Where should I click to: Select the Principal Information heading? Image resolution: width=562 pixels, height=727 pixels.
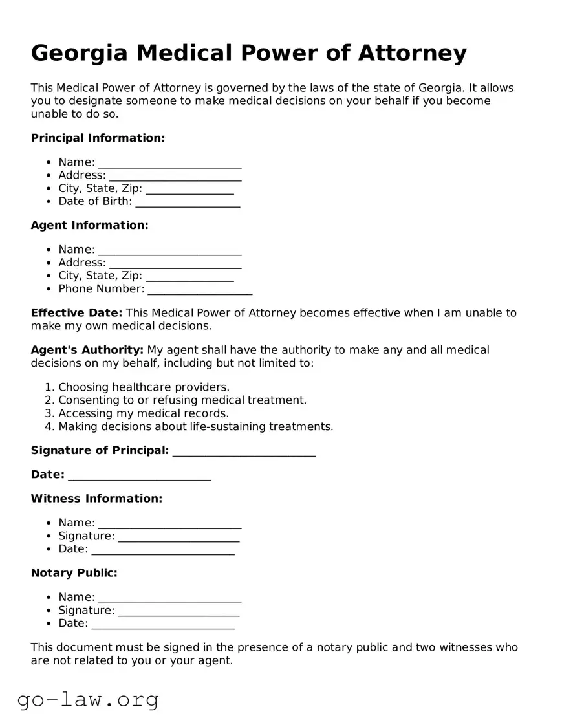pos(98,138)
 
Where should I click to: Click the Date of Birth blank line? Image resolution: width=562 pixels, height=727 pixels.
pos(188,202)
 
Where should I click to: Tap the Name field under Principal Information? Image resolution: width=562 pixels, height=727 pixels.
pos(169,163)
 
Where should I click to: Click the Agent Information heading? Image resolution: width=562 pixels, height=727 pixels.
pos(89,225)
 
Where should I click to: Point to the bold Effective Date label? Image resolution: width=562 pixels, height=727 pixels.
pos(76,313)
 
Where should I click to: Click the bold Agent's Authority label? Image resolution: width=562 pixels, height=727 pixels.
pos(87,350)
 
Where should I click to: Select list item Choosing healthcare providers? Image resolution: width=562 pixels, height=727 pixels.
pos(144,387)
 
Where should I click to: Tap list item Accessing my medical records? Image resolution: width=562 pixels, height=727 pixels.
pos(144,413)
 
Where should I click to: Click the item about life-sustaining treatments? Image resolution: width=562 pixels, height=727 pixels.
pos(195,426)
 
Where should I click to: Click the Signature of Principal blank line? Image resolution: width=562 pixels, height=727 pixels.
pos(244,451)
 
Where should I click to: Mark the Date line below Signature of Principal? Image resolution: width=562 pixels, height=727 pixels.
pos(139,476)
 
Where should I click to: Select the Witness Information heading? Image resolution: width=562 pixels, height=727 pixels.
pos(96,499)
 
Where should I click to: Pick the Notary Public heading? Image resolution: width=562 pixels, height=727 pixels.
pos(74,573)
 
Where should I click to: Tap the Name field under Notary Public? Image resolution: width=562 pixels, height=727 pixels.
pos(169,598)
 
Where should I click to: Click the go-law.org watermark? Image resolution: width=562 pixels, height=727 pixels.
pos(88,699)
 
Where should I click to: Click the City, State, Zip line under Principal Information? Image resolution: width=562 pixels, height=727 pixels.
pos(189,190)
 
